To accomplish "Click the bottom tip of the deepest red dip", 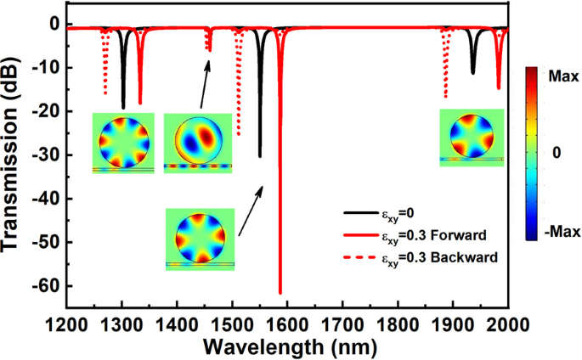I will (x=280, y=293).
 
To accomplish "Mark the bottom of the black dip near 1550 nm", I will (x=260, y=155).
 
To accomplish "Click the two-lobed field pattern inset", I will (x=197, y=140).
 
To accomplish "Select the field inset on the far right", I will (x=472, y=137).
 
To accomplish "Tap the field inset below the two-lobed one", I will (x=200, y=239).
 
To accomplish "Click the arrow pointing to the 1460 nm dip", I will (x=198, y=82).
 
